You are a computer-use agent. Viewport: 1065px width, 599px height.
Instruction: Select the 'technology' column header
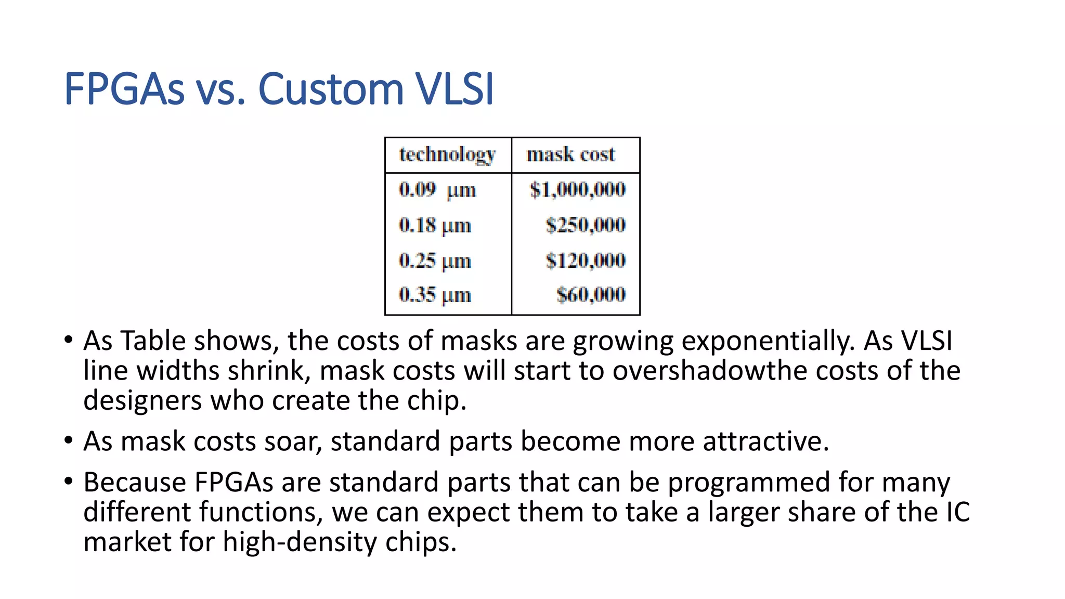click(447, 154)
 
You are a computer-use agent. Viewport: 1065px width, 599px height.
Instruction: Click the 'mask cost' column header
click(570, 154)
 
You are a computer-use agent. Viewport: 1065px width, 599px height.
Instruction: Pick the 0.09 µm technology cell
click(437, 190)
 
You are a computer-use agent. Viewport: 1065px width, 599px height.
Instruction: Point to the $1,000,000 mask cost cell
click(577, 190)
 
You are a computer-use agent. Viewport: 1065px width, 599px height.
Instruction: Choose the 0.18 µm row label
click(435, 225)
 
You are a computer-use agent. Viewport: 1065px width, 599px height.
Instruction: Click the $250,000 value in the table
click(586, 225)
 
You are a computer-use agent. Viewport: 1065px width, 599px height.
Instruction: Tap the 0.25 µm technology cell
click(435, 261)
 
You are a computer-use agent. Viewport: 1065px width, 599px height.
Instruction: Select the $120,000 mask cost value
click(586, 261)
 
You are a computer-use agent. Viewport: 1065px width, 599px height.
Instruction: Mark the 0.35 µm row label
click(435, 295)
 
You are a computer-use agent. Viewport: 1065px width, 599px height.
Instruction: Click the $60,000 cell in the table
click(591, 295)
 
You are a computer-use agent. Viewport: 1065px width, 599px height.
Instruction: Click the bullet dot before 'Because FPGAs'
click(69, 480)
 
